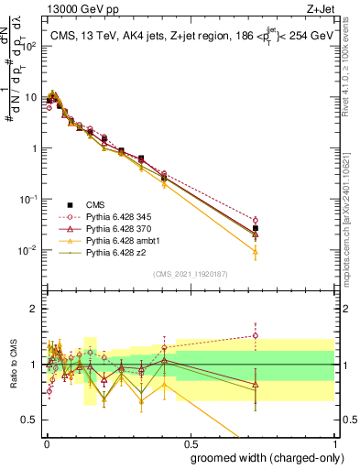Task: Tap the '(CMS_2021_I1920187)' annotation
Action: point(190,274)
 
